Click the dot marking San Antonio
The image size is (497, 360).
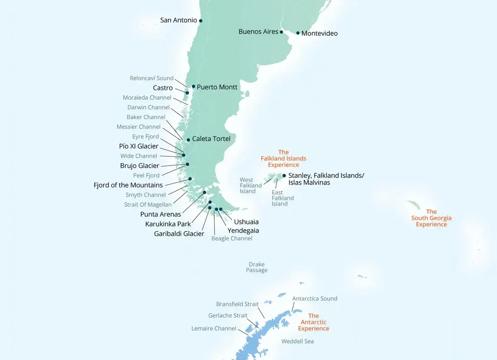(200, 21)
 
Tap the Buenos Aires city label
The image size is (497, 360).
(258, 32)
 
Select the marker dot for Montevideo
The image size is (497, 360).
(298, 33)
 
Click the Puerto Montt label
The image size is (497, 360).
(217, 87)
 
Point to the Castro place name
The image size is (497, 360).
(163, 88)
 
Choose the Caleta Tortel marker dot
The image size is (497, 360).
(188, 140)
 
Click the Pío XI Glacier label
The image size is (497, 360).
(139, 146)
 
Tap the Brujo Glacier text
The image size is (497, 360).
(140, 166)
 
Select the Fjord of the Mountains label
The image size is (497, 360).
(128, 185)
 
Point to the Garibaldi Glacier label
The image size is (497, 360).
(179, 234)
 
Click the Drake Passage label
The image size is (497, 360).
(257, 267)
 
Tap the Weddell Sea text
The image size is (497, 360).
(297, 341)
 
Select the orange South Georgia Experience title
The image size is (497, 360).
(432, 218)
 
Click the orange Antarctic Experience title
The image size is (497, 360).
(314, 322)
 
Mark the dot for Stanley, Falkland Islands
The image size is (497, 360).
(284, 175)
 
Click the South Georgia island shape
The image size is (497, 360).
(414, 205)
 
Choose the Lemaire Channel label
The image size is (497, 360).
(214, 329)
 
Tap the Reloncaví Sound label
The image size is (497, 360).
(152, 78)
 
